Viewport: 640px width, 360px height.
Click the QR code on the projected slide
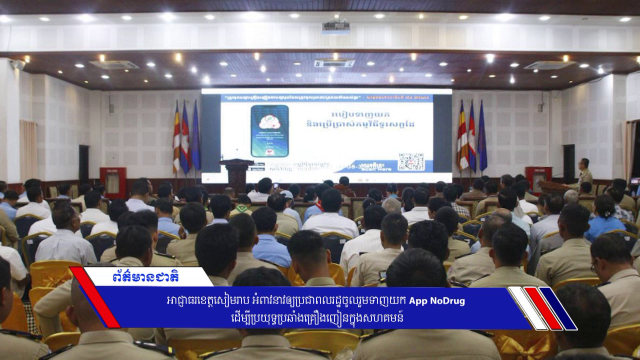pyautogui.click(x=411, y=161)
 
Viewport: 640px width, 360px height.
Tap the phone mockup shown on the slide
pyautogui.click(x=269, y=131)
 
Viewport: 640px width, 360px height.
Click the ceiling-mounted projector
pyautogui.click(x=335, y=27)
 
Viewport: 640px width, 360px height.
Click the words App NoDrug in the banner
pyautogui.click(x=437, y=301)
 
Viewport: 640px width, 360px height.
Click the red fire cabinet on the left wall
pyautogui.click(x=113, y=182)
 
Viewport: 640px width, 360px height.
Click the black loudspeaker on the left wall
pyautogui.click(x=83, y=163)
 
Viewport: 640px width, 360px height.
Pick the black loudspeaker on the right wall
pyautogui.click(x=569, y=163)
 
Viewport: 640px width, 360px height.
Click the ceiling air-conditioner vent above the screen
pyautogui.click(x=334, y=63)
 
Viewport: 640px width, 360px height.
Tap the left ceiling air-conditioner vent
pyautogui.click(x=114, y=64)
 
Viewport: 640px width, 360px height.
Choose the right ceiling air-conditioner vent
pyautogui.click(x=549, y=65)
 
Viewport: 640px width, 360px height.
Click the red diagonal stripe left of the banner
pyautogui.click(x=95, y=297)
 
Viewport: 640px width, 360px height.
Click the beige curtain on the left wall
pyautogui.click(x=28, y=150)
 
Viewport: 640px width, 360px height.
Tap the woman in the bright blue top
pyautogui.click(x=604, y=220)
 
